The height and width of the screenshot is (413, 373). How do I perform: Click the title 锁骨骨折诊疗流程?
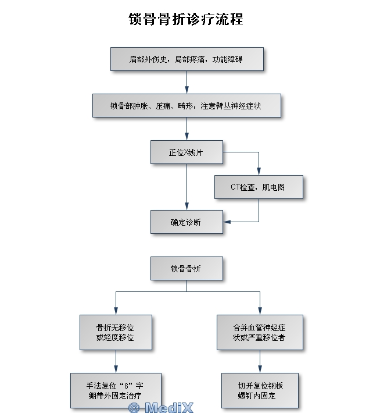click(186, 19)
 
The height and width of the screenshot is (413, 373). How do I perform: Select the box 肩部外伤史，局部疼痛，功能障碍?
click(186, 59)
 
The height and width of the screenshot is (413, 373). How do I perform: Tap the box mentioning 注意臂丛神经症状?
click(186, 106)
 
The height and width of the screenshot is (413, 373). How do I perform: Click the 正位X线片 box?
click(186, 152)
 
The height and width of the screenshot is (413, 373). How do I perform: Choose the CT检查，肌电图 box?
click(259, 187)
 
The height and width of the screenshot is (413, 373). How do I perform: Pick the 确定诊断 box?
click(186, 222)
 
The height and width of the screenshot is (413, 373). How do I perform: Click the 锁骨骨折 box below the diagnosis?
click(186, 269)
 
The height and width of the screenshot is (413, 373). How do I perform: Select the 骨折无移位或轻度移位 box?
click(116, 333)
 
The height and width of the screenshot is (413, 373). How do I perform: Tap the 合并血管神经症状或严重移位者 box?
click(259, 333)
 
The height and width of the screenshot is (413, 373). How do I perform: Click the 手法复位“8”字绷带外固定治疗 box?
click(116, 390)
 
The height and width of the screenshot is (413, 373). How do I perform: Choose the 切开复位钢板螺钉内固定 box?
click(260, 390)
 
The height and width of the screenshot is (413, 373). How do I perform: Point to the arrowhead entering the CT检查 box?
click(259, 172)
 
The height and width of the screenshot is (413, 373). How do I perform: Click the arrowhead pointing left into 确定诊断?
click(227, 222)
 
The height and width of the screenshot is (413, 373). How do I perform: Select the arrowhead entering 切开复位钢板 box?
click(259, 369)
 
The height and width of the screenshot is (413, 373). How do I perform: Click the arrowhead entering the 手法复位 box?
click(116, 369)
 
